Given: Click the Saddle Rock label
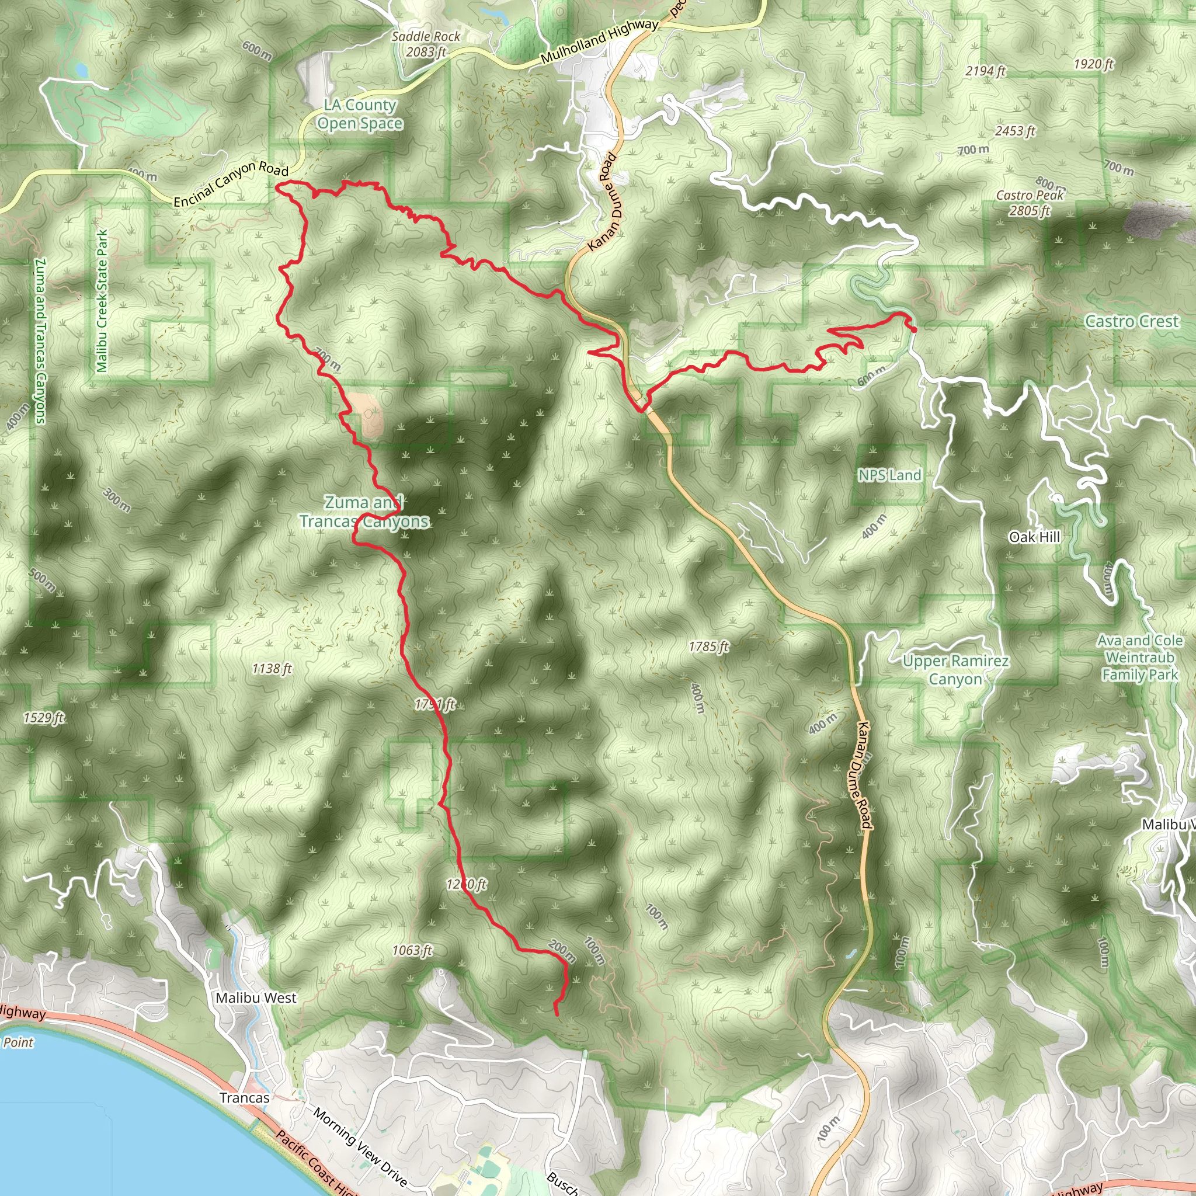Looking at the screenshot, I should tap(426, 37).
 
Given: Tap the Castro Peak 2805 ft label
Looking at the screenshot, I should tap(1030, 203).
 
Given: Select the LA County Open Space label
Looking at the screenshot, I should tap(360, 114).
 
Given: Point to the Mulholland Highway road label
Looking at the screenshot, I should tap(599, 41).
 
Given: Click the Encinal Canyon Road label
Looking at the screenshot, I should tap(231, 185).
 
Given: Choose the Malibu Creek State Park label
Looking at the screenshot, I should tap(102, 301).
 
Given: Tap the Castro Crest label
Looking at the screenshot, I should tap(1132, 321).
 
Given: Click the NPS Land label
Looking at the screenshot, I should tap(889, 475).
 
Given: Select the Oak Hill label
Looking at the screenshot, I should tap(1034, 537).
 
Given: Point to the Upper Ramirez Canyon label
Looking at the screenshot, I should tap(955, 670).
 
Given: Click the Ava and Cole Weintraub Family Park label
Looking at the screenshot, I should tap(1140, 658).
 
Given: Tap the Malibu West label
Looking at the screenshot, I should tap(256, 998).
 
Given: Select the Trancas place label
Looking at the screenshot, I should tap(245, 1097).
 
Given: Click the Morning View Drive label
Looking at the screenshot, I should tap(360, 1147).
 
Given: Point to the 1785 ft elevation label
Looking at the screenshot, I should tap(709, 647).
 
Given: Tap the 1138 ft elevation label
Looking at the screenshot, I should tap(272, 669).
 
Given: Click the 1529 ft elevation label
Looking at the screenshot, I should tap(44, 718).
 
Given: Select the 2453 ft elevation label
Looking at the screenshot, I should tap(1014, 131).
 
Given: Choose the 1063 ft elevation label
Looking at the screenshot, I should tap(412, 950).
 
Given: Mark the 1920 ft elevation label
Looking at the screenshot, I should tap(1093, 64).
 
